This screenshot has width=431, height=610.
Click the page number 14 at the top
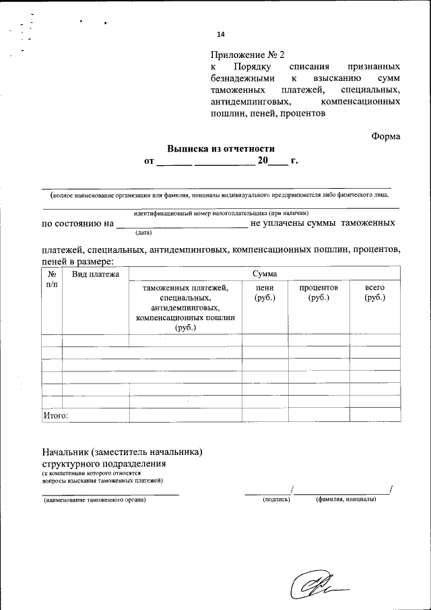[x=221, y=35]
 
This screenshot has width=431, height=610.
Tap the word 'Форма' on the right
[x=386, y=136]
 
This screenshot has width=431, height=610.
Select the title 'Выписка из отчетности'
[x=221, y=149]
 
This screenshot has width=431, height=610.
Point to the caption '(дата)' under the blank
[x=143, y=233]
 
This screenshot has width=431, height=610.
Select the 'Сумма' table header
[x=264, y=274]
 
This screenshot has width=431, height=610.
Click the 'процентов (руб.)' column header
[x=319, y=293]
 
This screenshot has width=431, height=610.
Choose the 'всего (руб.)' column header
[x=374, y=293]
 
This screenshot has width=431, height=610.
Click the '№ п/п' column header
[x=51, y=280]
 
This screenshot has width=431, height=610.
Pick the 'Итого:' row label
[x=55, y=415]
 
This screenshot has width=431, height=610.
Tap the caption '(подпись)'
[x=277, y=499]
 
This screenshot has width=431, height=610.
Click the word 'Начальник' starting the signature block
[x=65, y=452]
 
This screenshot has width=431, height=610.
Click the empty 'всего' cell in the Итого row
[x=374, y=415]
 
